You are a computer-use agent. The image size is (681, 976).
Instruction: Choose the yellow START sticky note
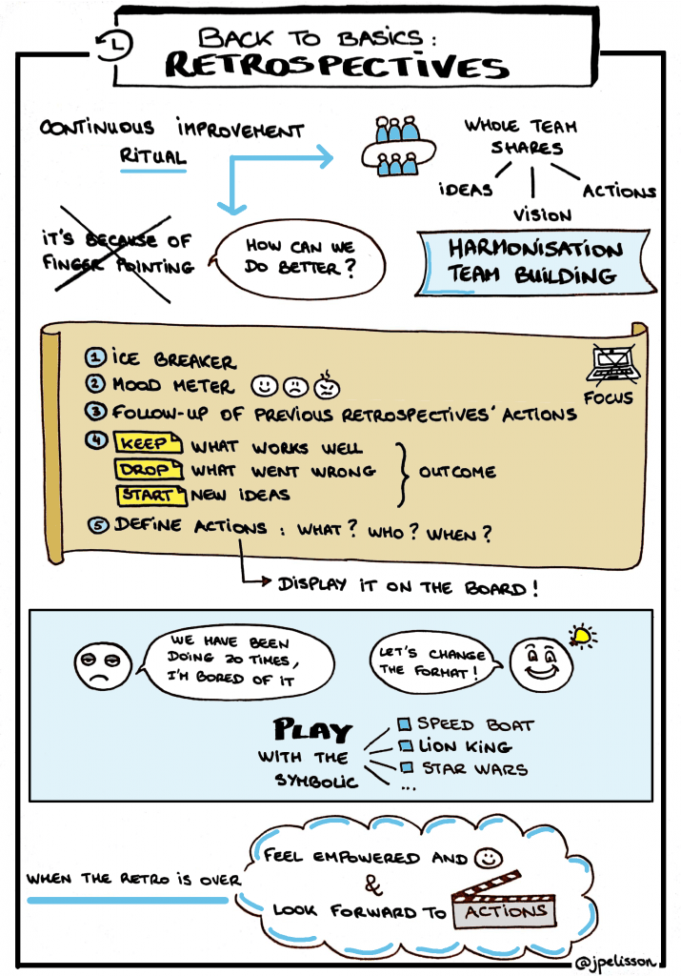pyautogui.click(x=148, y=495)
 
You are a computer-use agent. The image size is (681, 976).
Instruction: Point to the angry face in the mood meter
pyautogui.click(x=327, y=387)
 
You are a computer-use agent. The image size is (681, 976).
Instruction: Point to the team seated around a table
pyautogui.click(x=396, y=148)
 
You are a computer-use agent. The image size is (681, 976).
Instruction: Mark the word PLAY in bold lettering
pyautogui.click(x=314, y=732)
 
